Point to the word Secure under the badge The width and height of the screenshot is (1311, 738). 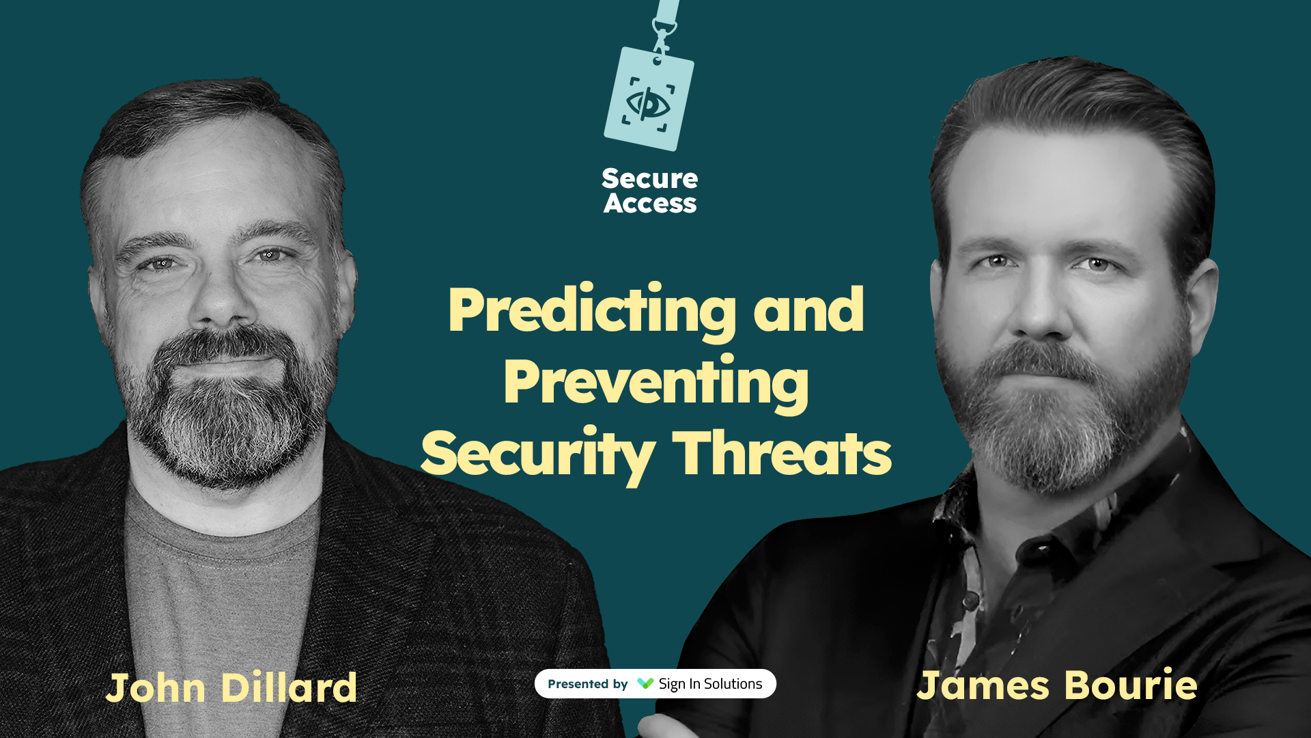tap(649, 179)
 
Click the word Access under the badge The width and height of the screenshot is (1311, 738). tap(649, 204)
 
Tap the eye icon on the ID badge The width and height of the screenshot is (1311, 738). tap(648, 104)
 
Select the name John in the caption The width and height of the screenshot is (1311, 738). tap(156, 687)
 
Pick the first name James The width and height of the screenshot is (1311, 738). tap(983, 685)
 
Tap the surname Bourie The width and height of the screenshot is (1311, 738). tap(1131, 685)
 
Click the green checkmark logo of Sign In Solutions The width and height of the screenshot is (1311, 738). tap(645, 683)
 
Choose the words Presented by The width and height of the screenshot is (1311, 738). tap(587, 684)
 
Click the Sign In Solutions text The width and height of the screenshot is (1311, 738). tap(710, 684)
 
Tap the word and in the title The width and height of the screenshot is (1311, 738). tap(808, 311)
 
